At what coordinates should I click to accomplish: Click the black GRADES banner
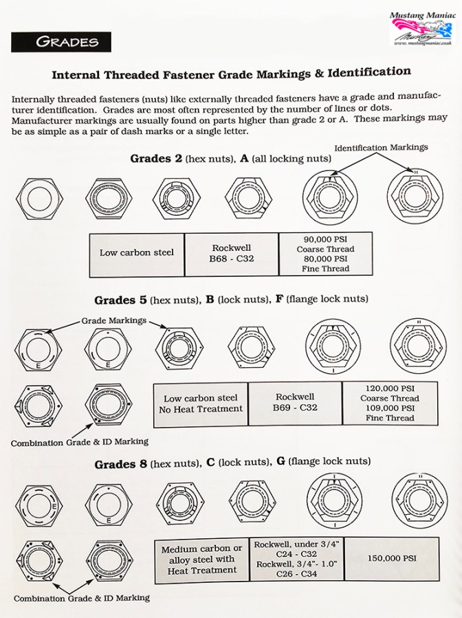60,41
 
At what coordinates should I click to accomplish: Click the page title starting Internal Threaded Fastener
232,72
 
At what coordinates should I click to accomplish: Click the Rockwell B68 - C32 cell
231,253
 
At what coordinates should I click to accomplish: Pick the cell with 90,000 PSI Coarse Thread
325,254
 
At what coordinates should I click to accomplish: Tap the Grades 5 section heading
231,300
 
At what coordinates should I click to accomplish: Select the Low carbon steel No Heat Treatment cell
200,404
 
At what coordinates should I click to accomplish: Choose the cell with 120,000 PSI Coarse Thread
390,403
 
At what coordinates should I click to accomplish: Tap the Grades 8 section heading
232,463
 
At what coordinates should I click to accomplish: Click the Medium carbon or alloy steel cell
201,559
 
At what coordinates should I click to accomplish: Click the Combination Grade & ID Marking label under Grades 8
81,598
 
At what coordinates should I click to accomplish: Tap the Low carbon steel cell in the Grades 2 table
137,253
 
